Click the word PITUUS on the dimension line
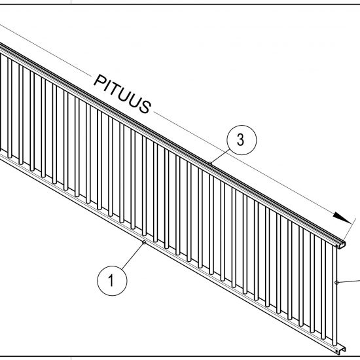tap(122, 94)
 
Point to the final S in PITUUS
tap(145, 107)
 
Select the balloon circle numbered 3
tap(242, 140)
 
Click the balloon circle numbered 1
tap(112, 281)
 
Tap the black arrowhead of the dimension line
tap(342, 218)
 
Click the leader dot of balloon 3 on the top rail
tap(210, 164)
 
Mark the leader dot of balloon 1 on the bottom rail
tap(144, 242)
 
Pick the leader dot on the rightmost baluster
tap(336, 282)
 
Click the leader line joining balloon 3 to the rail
tap(220, 156)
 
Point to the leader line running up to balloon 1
tap(132, 256)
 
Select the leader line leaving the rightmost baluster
tap(349, 281)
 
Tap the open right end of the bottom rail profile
tap(340, 351)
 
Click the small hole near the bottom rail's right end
tap(337, 351)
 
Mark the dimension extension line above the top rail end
tap(349, 229)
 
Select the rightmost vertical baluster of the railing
tap(334, 296)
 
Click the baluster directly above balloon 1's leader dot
tap(144, 186)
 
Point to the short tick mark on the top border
tap(71, 2)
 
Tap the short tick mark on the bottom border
tap(71, 359)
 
